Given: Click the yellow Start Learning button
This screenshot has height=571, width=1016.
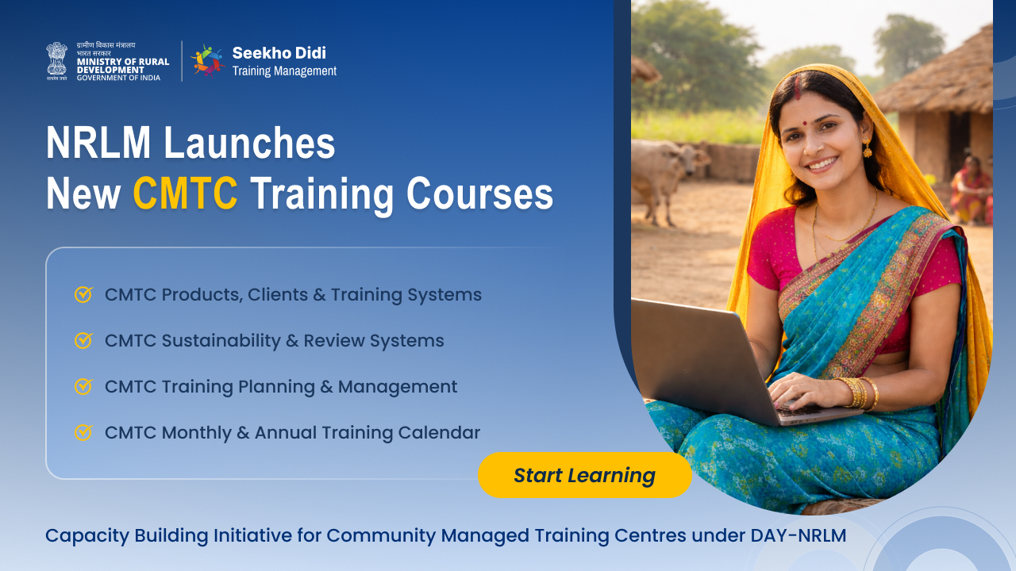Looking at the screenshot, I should [584, 475].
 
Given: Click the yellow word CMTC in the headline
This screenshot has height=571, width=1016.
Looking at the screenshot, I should [185, 194].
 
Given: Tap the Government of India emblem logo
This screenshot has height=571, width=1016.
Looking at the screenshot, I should [57, 60].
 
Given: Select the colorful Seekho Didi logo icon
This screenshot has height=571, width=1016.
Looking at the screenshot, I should [208, 60].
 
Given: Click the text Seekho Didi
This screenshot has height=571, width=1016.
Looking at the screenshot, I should [279, 53].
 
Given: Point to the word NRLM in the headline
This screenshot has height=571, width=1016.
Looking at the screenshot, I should [98, 144].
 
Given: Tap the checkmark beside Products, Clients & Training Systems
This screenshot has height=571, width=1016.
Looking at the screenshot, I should [83, 294].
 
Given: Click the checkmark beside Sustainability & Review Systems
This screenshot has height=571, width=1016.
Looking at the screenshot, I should [83, 340].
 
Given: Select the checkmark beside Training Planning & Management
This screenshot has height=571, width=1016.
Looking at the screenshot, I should [83, 386].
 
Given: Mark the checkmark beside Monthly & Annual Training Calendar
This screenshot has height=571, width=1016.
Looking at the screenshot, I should [83, 432].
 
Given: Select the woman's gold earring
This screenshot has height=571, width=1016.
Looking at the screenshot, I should [867, 148].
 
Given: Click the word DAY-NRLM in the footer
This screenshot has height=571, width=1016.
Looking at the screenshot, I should [798, 535].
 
